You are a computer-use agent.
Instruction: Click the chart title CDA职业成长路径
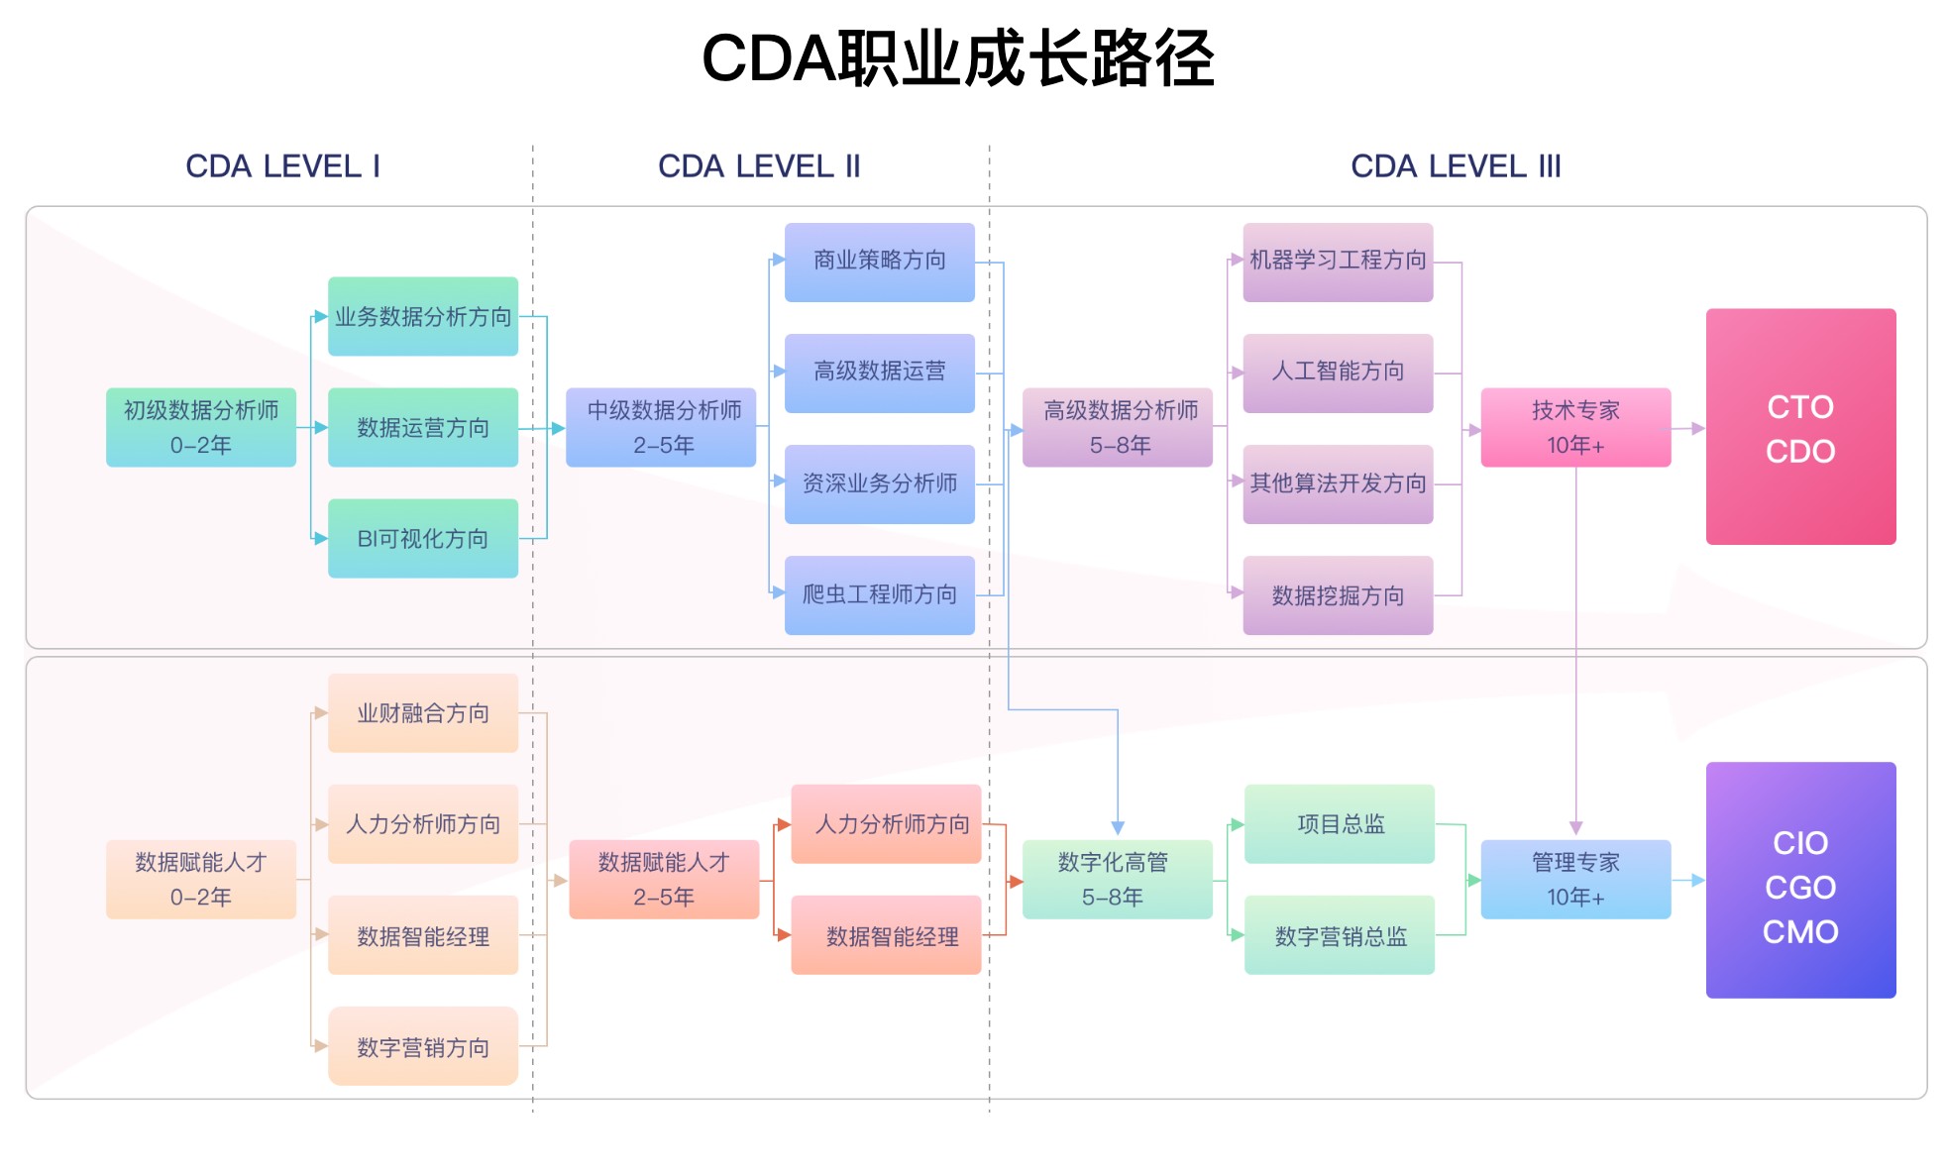[957, 58]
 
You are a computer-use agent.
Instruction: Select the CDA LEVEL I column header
[282, 166]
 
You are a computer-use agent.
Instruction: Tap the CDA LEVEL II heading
[759, 166]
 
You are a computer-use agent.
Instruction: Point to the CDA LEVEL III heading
[1456, 166]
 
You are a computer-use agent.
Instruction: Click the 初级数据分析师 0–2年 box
[201, 427]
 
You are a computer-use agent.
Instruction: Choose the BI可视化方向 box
[423, 538]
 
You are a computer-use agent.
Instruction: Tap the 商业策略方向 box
[880, 262]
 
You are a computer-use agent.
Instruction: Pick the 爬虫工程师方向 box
[880, 594]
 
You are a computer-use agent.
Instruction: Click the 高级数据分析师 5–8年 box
[1118, 427]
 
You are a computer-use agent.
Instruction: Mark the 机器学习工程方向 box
[1338, 262]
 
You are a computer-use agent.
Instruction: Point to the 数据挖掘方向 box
[1338, 594]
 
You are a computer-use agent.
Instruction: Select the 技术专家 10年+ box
[1575, 427]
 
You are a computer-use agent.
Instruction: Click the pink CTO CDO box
[1800, 427]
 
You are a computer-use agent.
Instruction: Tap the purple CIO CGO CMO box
[1800, 880]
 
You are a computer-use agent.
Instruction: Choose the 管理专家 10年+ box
[1575, 880]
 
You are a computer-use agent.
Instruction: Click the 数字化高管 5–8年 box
[1118, 880]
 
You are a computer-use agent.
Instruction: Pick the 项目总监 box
[1340, 823]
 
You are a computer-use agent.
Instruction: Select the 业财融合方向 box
[423, 712]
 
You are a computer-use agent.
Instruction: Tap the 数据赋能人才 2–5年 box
[664, 880]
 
